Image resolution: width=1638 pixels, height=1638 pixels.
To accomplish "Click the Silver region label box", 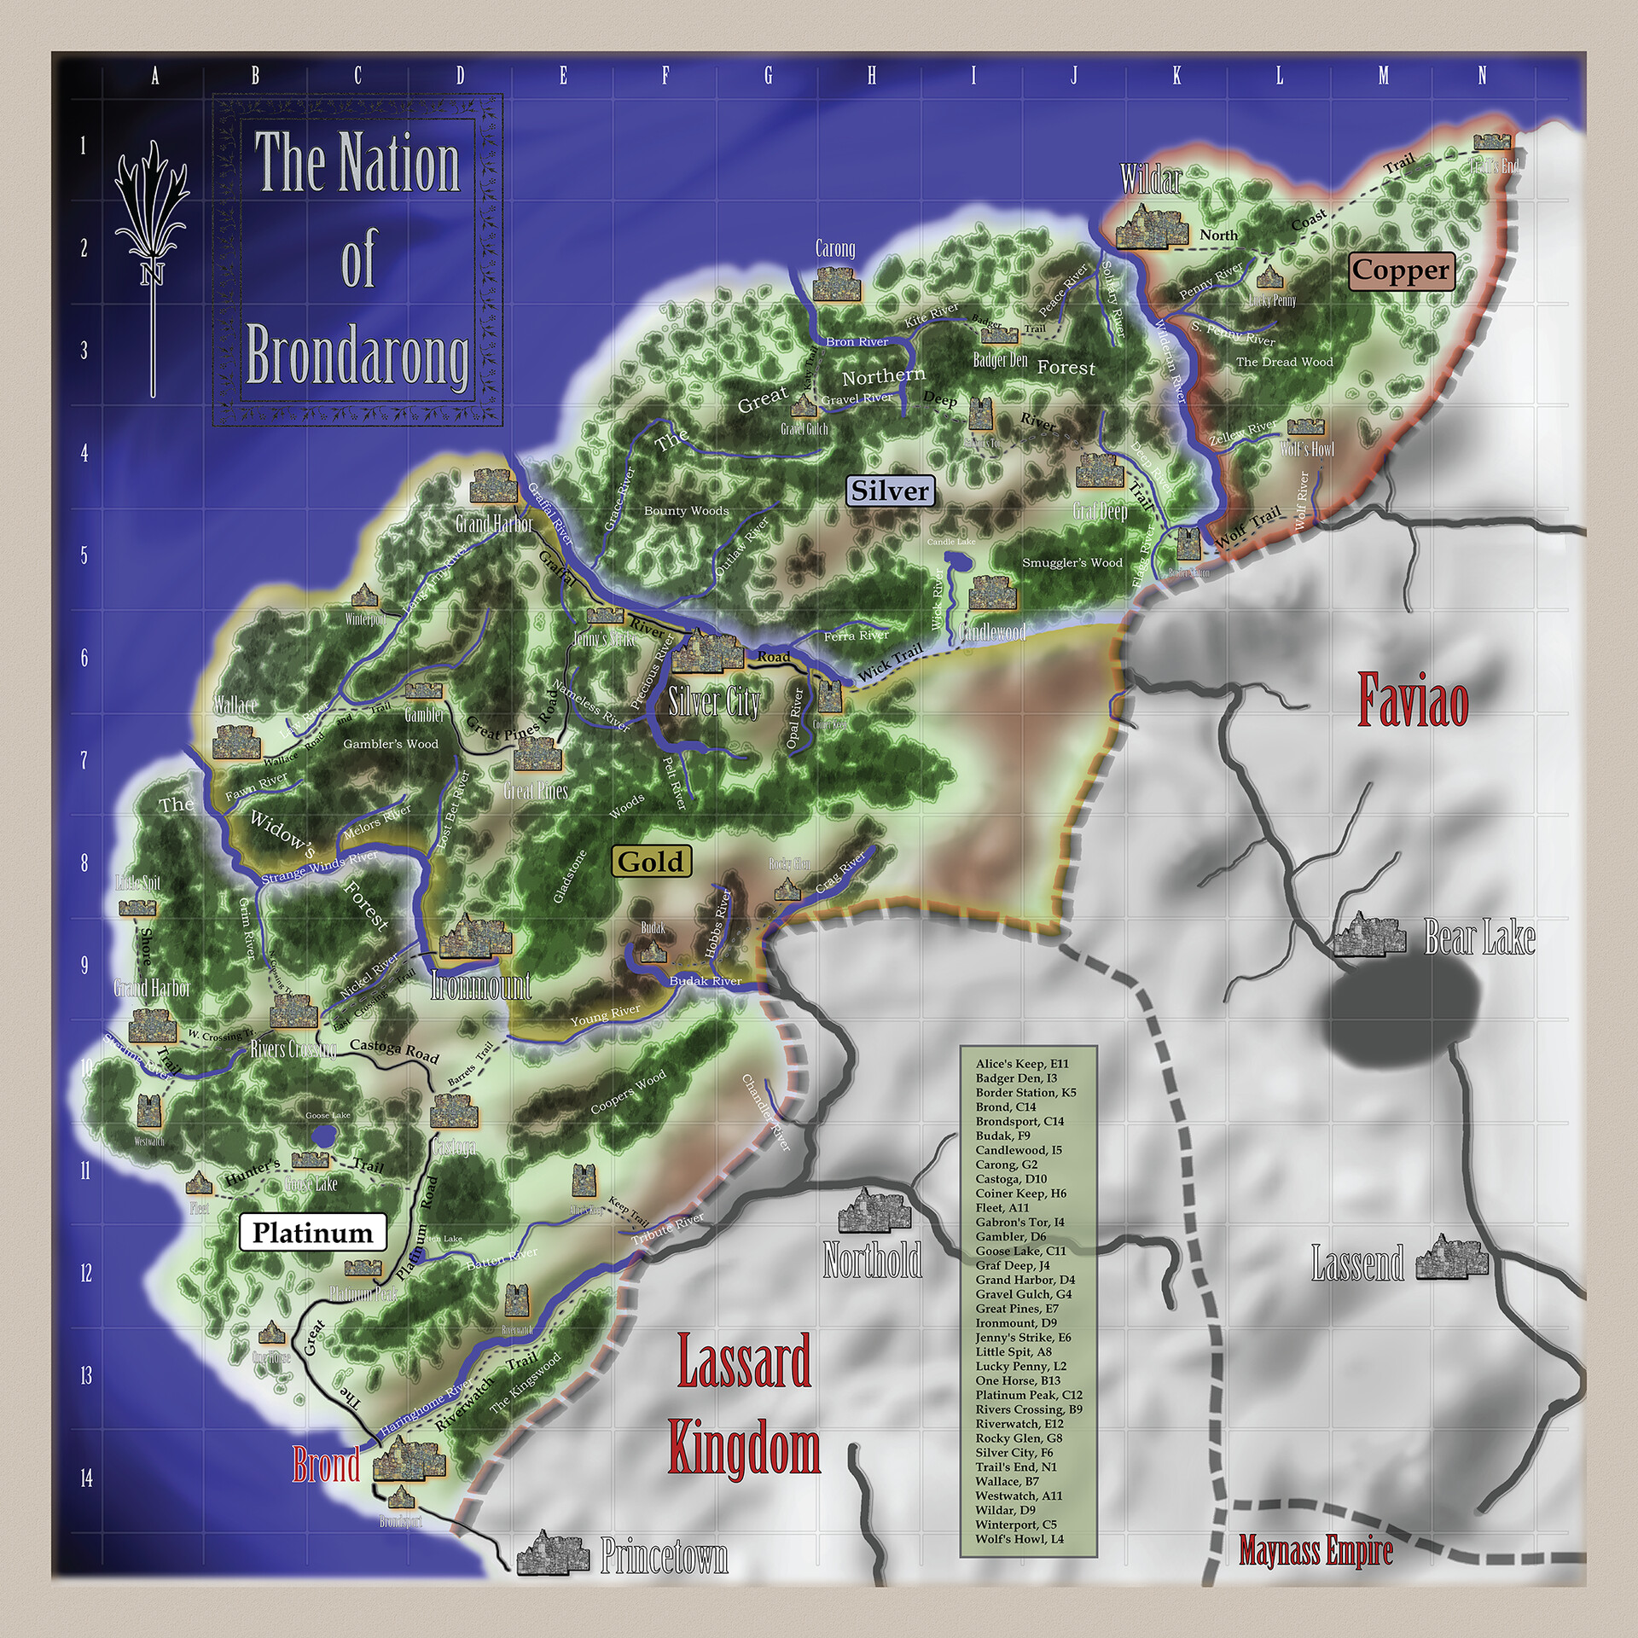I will [890, 491].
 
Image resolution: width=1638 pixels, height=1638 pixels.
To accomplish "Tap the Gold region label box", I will [651, 862].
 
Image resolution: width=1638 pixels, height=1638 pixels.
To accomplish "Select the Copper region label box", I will [1400, 270].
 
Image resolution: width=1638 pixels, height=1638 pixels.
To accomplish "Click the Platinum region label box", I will [312, 1233].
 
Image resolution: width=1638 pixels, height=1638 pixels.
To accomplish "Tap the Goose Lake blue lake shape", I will [323, 1136].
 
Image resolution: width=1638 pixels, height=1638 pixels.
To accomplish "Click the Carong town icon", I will [834, 283].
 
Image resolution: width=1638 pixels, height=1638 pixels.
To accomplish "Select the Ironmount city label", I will [480, 986].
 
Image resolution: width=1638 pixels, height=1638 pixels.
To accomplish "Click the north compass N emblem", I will [153, 273].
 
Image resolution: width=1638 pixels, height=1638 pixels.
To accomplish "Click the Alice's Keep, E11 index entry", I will [1022, 1064].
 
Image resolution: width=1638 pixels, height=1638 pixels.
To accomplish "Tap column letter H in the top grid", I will [871, 76].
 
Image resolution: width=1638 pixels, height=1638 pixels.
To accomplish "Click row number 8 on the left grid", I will [84, 863].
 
